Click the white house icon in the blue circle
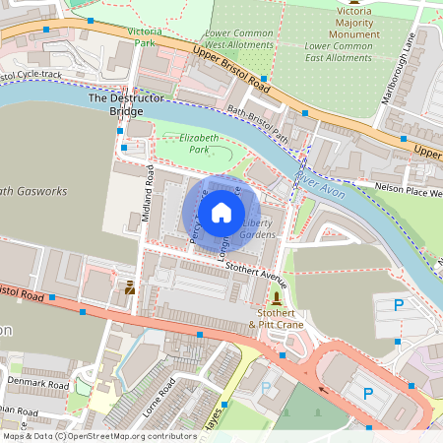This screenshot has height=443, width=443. [x=221, y=211]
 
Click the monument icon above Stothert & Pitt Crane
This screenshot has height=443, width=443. [x=277, y=297]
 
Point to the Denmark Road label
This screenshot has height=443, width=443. [x=34, y=381]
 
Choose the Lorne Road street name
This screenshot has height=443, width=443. [x=158, y=395]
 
